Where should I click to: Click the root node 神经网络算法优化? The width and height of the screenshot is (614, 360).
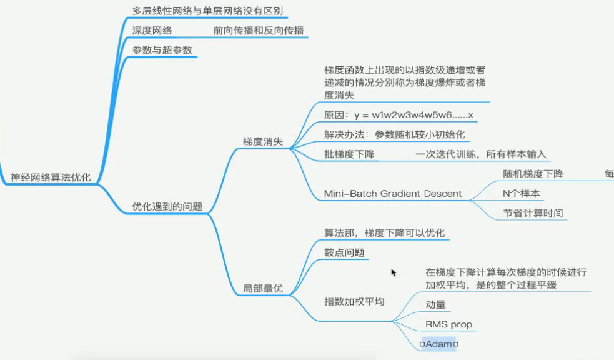(x=50, y=177)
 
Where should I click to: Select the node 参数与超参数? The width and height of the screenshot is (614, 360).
(x=162, y=50)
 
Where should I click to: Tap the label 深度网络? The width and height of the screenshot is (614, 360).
(x=152, y=30)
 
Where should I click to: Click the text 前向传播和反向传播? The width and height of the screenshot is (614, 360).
(x=259, y=30)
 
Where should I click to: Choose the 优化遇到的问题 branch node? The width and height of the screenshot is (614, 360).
(x=167, y=206)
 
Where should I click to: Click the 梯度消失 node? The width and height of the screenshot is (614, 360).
(x=262, y=142)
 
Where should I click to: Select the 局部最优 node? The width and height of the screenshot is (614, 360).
(x=262, y=289)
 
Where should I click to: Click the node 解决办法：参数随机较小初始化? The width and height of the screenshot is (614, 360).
(x=394, y=134)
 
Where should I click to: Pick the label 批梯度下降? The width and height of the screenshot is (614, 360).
(x=349, y=154)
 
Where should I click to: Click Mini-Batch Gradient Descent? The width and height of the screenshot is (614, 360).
(x=393, y=193)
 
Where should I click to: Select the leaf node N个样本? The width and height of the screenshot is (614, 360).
(x=522, y=193)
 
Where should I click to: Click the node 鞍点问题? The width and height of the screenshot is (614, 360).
(x=344, y=252)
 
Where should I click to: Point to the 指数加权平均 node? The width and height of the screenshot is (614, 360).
(x=354, y=301)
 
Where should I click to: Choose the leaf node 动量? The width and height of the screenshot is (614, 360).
(x=435, y=305)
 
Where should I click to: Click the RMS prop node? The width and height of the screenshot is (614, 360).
(x=448, y=324)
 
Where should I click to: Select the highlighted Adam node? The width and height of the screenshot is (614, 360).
(x=439, y=344)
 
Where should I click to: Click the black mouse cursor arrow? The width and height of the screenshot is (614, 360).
(x=394, y=272)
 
